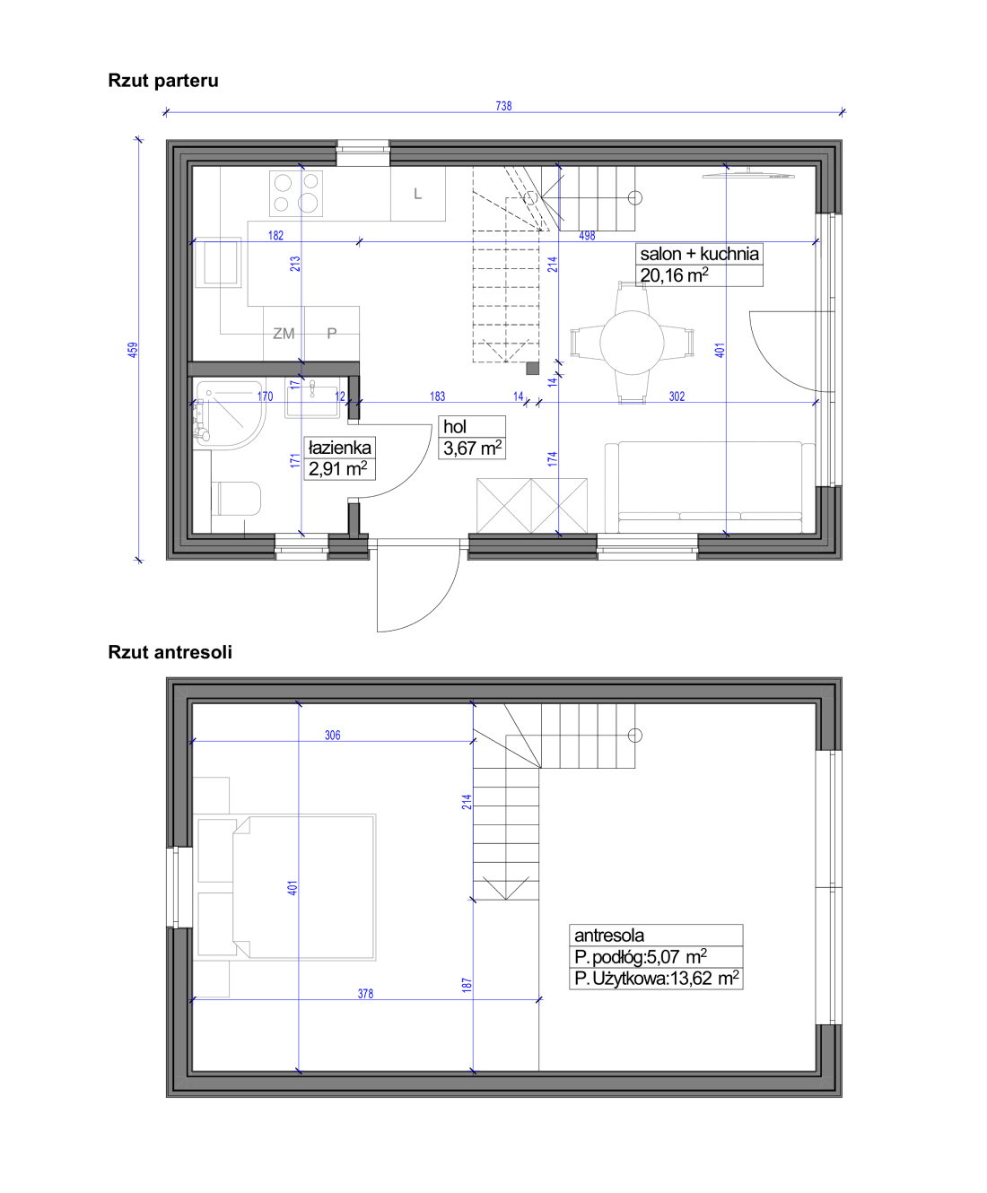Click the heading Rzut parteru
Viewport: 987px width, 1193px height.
point(163,81)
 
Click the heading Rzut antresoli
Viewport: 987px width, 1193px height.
point(170,652)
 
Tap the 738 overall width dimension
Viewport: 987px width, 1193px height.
point(503,106)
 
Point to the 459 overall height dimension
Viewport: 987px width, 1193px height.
point(133,350)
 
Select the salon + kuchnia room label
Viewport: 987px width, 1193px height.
point(699,254)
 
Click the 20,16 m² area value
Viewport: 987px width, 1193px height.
point(674,274)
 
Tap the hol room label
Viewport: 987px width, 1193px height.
point(454,426)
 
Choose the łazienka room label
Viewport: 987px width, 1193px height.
point(339,447)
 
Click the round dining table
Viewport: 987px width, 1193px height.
point(632,343)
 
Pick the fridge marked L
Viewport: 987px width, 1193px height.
point(418,194)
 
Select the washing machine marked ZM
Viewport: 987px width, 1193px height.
point(284,333)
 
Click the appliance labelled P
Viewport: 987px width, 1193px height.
point(331,333)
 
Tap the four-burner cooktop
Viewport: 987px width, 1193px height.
point(296,194)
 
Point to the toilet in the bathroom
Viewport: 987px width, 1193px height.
point(236,499)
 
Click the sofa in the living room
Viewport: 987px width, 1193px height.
point(710,487)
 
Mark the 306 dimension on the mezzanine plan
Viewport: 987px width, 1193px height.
point(333,736)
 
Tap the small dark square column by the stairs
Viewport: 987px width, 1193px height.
point(532,368)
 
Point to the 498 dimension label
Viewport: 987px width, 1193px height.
point(587,235)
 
